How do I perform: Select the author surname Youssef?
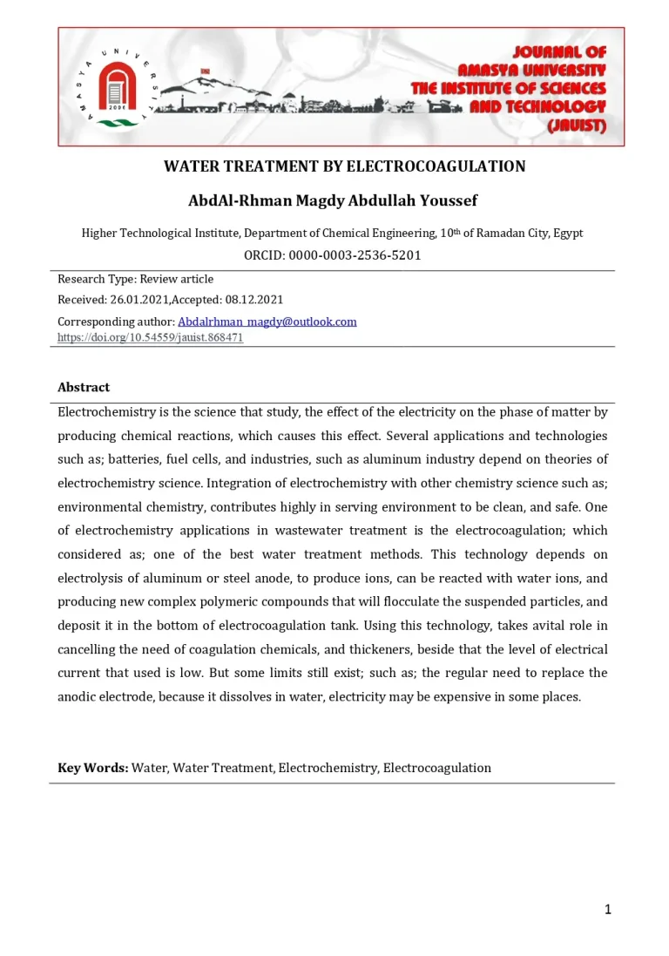coord(445,201)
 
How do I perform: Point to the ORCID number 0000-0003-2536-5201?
coord(355,255)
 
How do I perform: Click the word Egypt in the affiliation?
coord(566,233)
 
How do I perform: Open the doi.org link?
coord(150,337)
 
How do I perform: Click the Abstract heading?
coord(84,387)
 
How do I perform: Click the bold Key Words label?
coord(93,768)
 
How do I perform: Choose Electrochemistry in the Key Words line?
coord(328,768)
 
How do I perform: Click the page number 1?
coord(608,910)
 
